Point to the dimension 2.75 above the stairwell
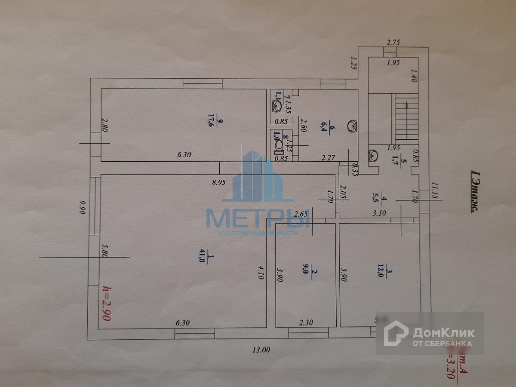(x=393, y=42)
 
